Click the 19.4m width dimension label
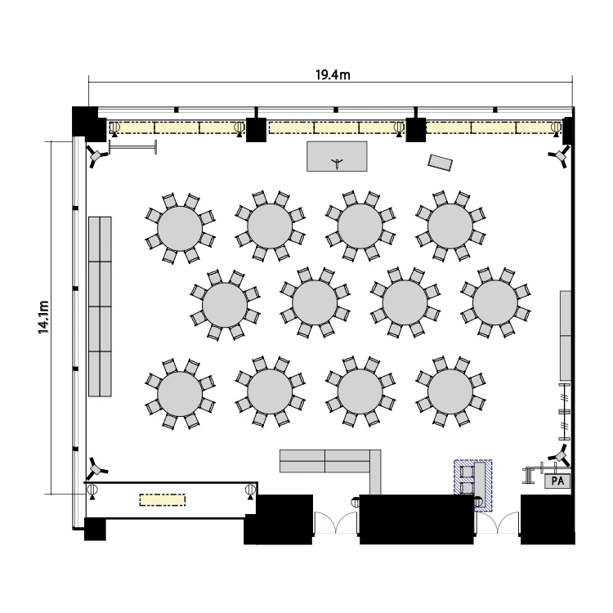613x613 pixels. (x=333, y=74)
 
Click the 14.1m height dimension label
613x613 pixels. (x=43, y=317)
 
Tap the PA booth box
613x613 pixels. (x=557, y=481)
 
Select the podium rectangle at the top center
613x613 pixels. (x=337, y=156)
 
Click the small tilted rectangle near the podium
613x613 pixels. (x=441, y=163)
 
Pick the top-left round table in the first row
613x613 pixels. (x=180, y=229)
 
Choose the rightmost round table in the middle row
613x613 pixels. (x=495, y=302)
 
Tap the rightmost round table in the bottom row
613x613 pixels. (x=450, y=392)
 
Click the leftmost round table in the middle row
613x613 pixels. (x=225, y=305)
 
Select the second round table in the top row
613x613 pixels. (x=270, y=226)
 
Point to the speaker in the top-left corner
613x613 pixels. (x=96, y=156)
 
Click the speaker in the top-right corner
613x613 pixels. (x=560, y=156)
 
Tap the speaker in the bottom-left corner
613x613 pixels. (x=96, y=468)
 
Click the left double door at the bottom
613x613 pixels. (x=336, y=523)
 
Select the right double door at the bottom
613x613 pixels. (x=497, y=523)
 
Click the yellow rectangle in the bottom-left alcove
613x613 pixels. (x=163, y=500)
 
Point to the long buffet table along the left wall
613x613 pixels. (x=100, y=306)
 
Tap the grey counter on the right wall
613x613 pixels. (x=566, y=335)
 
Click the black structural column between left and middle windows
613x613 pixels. (x=256, y=129)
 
